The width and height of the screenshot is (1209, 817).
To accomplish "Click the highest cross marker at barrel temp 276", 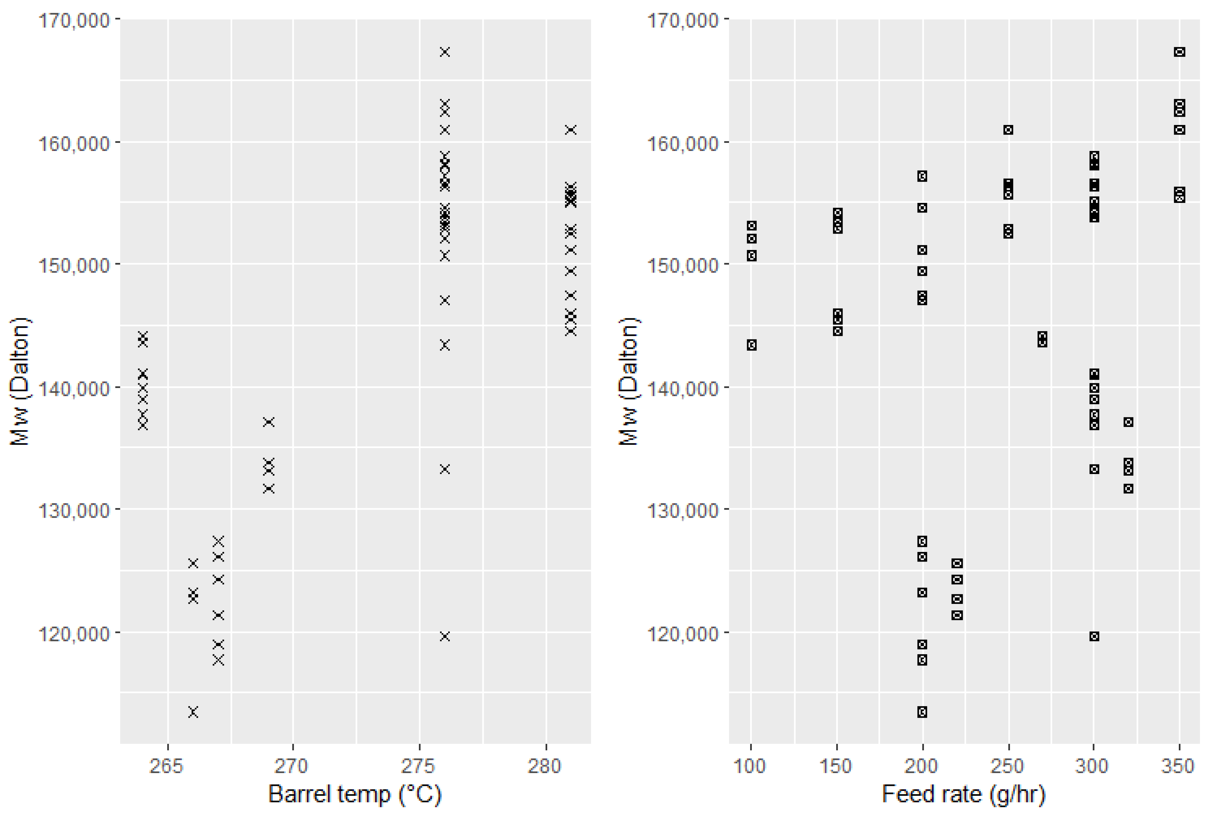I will tap(444, 52).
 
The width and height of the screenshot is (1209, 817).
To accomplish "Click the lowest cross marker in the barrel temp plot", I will tap(193, 712).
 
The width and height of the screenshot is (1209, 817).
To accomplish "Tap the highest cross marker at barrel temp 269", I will tap(268, 422).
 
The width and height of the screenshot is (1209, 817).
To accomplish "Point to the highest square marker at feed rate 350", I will tap(1180, 52).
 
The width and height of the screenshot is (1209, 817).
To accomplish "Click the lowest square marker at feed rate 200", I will tap(922, 712).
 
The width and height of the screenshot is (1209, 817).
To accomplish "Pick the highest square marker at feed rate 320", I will tap(1128, 422).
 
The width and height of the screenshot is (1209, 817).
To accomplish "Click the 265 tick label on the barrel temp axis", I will tap(166, 766).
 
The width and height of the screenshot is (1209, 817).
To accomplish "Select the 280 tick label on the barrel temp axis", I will tap(545, 766).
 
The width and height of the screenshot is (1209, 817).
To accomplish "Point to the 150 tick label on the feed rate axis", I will tap(835, 766).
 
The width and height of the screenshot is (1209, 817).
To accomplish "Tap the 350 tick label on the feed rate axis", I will tap(1178, 766).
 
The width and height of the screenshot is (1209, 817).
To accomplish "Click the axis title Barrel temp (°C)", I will tap(355, 794).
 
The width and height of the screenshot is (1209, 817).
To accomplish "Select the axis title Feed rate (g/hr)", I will tap(963, 794).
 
